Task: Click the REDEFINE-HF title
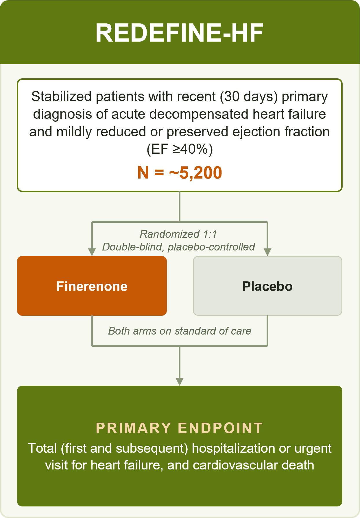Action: click(180, 33)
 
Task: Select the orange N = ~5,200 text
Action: click(180, 173)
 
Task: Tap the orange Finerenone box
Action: click(92, 286)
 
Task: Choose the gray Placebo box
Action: click(267, 286)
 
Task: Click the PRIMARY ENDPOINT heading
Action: click(180, 428)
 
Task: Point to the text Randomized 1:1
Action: click(178, 234)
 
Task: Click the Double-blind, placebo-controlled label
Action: click(179, 247)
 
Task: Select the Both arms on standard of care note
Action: click(180, 331)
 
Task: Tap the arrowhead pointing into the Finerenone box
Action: click(92, 252)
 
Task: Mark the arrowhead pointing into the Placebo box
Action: click(267, 252)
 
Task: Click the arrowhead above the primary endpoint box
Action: click(180, 382)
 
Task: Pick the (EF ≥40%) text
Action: click(180, 149)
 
